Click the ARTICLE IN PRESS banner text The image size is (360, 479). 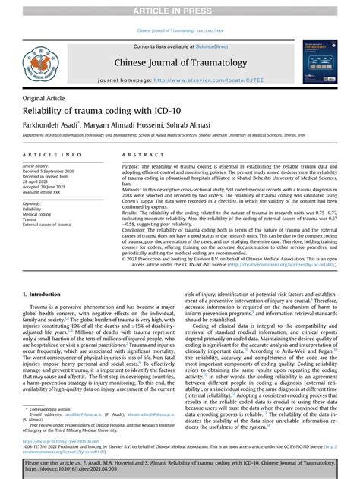[179, 8]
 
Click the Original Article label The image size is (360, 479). [44, 99]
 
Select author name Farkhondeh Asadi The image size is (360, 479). [48, 127]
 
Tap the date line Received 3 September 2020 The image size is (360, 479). [54, 171]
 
